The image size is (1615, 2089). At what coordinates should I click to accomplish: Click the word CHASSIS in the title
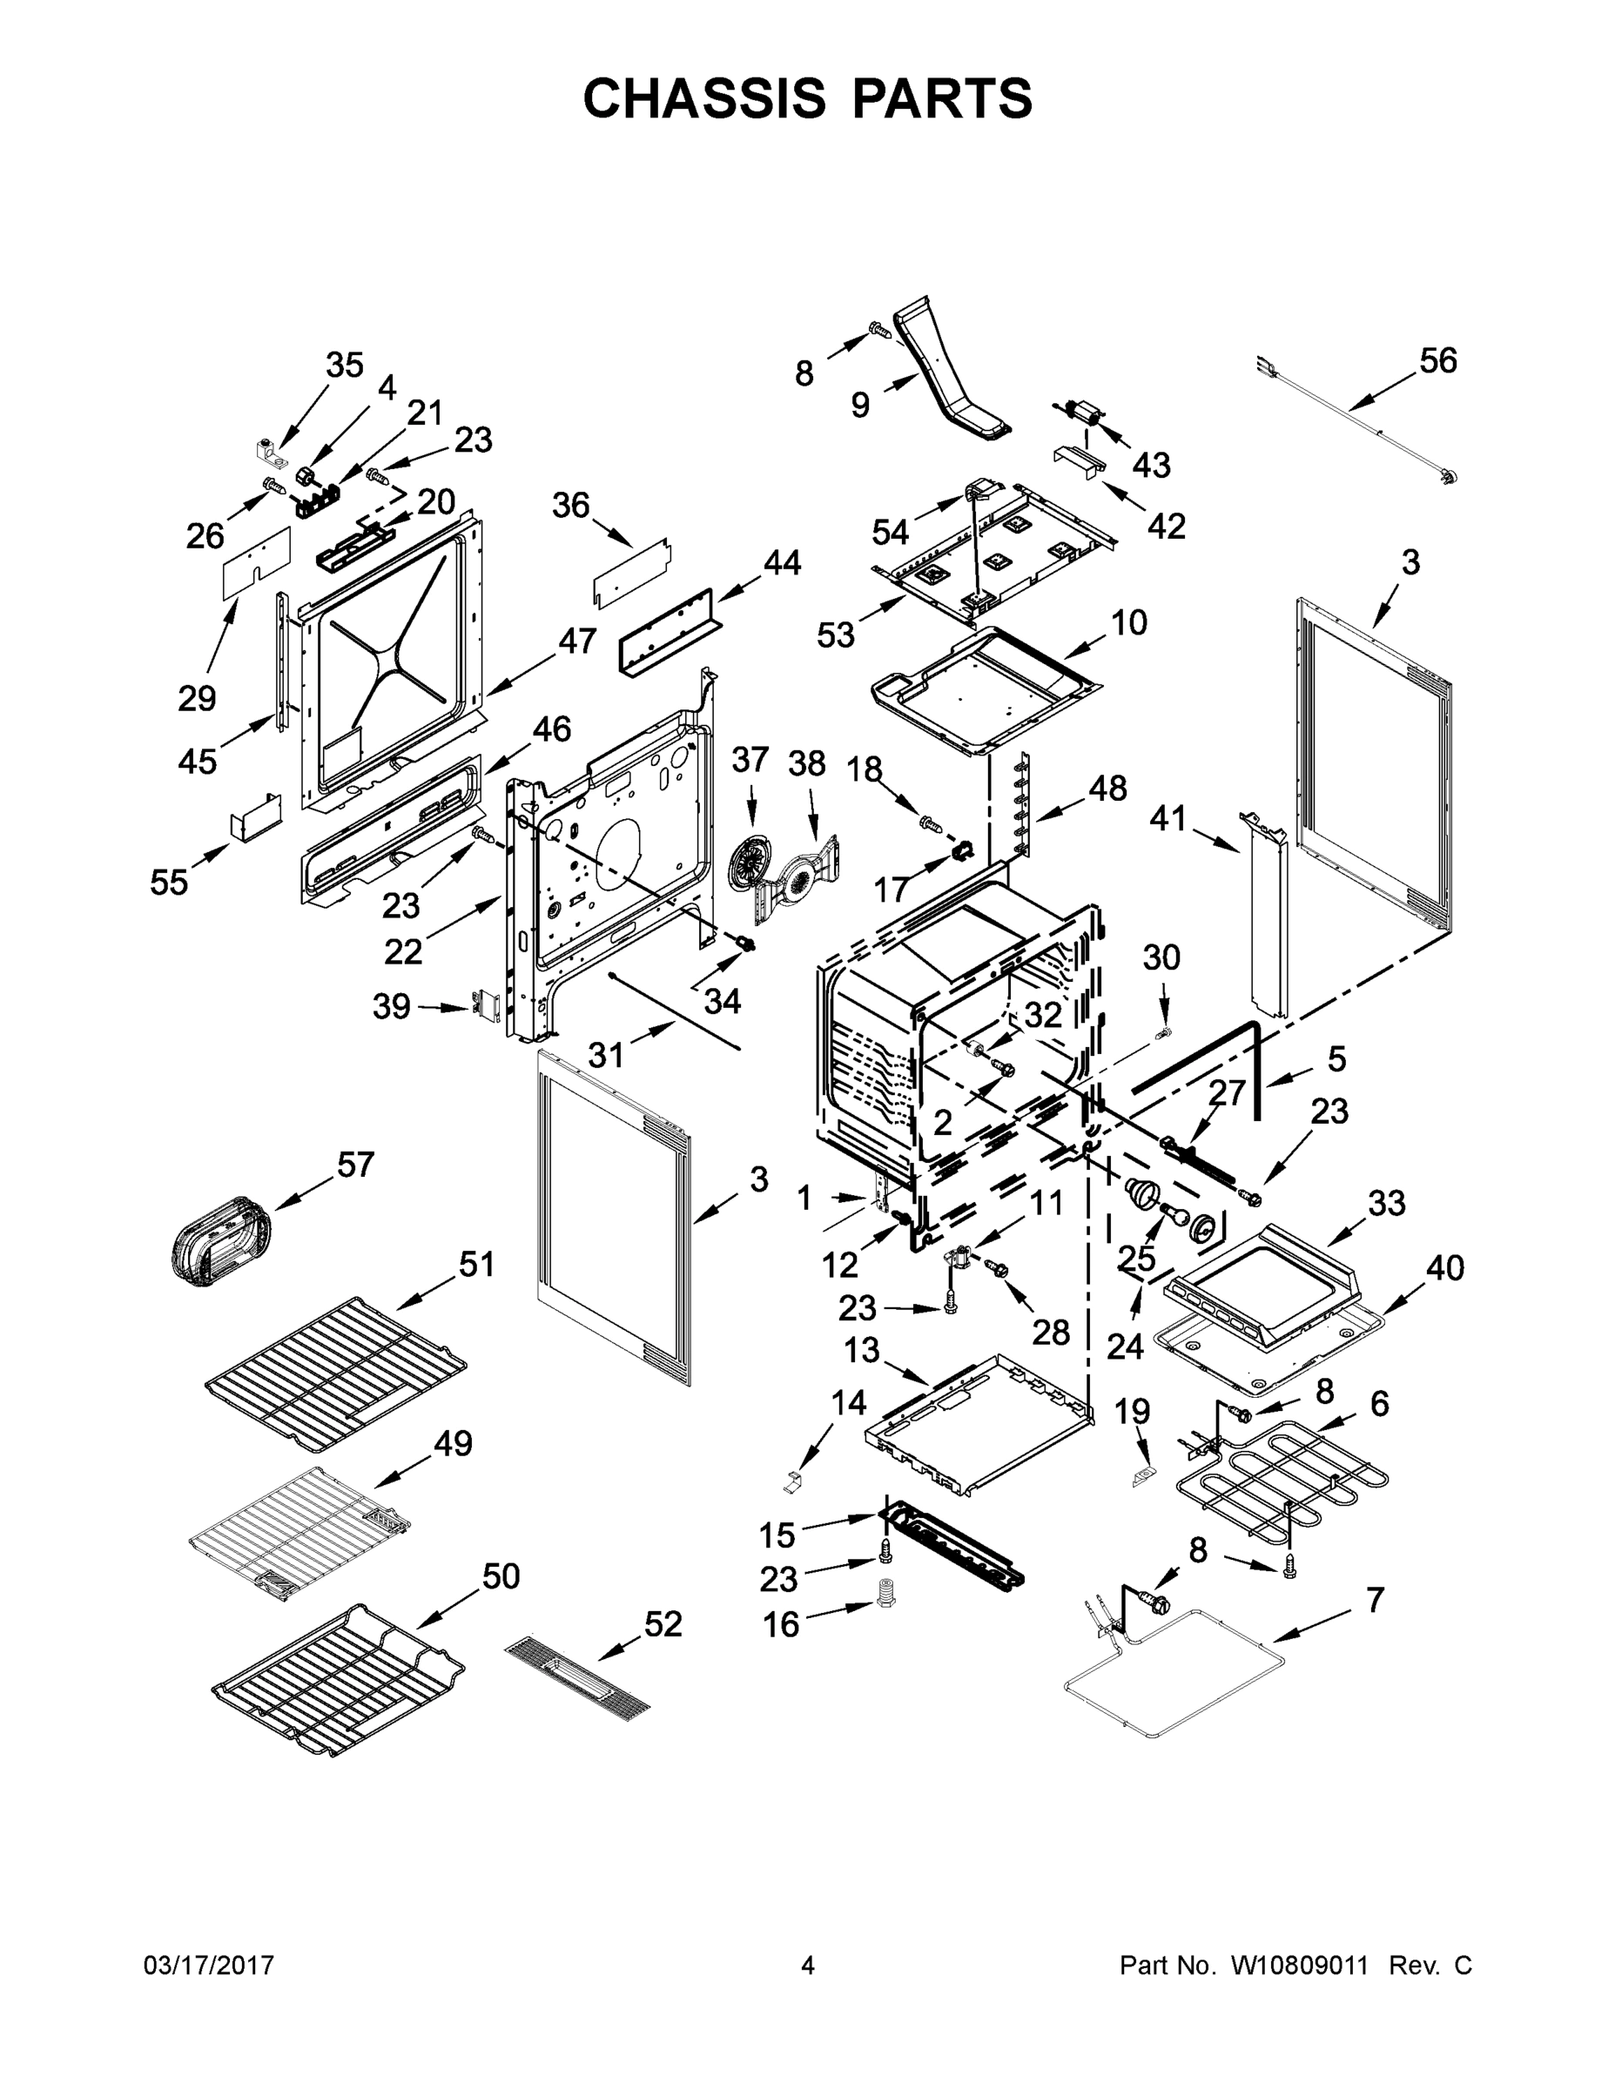[704, 97]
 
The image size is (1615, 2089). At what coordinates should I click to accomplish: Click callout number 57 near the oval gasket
[355, 1165]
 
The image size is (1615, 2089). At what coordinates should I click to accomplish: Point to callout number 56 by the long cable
[1437, 361]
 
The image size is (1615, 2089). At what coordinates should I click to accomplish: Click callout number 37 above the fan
[750, 761]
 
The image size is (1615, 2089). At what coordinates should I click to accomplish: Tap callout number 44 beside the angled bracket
[781, 563]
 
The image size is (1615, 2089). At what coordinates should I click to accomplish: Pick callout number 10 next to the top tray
[1128, 622]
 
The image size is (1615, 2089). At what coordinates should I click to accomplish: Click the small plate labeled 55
[255, 816]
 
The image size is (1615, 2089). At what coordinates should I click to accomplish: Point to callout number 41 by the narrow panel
[1168, 818]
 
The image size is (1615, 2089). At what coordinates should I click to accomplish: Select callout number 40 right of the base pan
[1444, 1268]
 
